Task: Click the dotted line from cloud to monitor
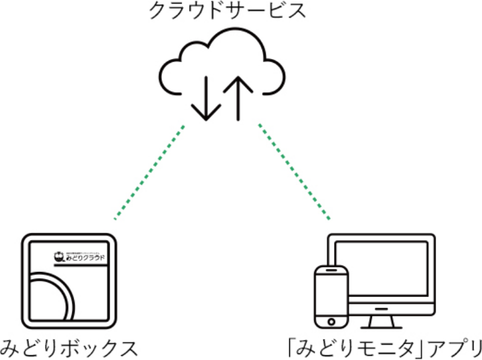click(295, 171)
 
